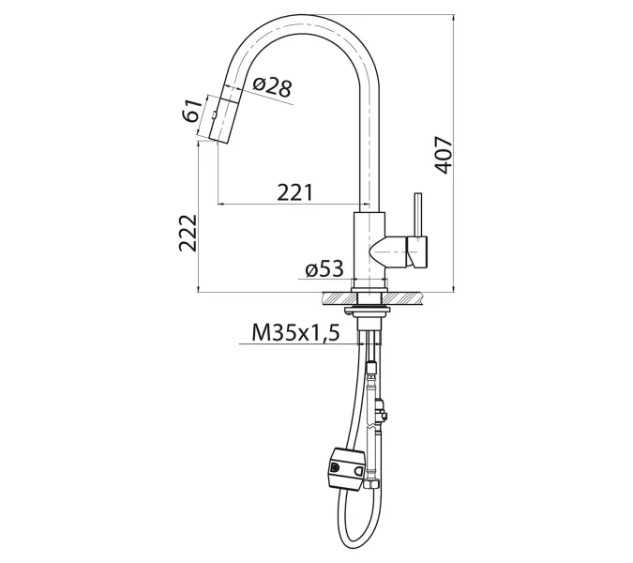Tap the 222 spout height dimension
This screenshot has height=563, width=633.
coord(188,232)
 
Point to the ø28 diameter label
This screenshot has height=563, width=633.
coord(272,88)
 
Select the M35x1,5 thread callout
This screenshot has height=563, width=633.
coord(294,332)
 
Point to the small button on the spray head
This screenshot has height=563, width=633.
coord(213,115)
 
